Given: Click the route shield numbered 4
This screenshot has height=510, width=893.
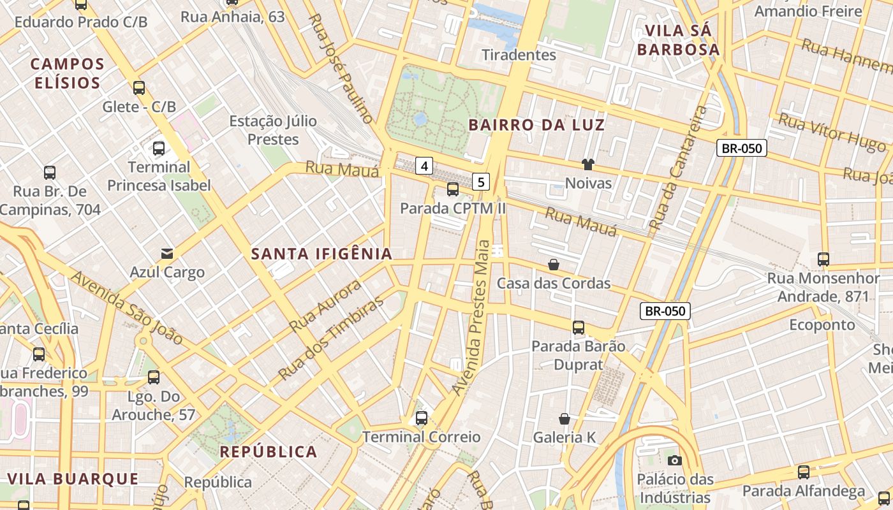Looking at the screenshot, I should [x=424, y=166].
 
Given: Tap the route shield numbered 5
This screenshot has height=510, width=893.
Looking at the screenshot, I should [x=481, y=182].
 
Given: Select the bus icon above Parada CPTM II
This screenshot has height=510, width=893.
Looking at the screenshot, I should [x=452, y=189].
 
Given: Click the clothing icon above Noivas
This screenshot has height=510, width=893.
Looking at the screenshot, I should [x=587, y=164].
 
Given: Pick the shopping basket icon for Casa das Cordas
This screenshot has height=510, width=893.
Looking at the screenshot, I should [x=553, y=264].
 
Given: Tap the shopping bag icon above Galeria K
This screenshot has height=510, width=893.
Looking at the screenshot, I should [x=564, y=419].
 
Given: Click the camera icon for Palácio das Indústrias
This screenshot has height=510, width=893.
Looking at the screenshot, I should [x=674, y=460].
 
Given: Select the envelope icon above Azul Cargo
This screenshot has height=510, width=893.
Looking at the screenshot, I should [x=167, y=254].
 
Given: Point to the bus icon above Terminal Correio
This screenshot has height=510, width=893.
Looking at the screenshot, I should [x=421, y=418].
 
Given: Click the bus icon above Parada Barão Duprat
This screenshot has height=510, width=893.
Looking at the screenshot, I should [x=578, y=328].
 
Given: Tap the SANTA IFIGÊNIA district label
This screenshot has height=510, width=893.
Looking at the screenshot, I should [x=321, y=254].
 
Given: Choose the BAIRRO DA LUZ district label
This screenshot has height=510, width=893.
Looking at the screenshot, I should [x=536, y=125].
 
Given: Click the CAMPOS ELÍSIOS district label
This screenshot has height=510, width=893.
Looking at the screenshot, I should [x=67, y=73].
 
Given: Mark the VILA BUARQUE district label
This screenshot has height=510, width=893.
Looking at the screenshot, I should [x=73, y=479].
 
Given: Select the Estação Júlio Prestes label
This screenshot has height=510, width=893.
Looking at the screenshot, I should [x=273, y=130].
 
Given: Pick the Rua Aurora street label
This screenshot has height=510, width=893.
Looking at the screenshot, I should [x=325, y=305].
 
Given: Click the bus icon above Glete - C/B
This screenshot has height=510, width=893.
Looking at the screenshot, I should [x=139, y=88].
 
